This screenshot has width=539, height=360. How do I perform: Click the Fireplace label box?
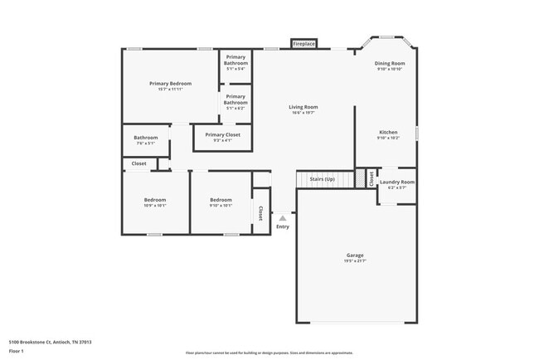click(303, 43)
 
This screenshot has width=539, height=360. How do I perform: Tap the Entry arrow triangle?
click(282, 218)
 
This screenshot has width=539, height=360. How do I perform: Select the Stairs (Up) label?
click(322, 178)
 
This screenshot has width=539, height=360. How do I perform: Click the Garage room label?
click(355, 255)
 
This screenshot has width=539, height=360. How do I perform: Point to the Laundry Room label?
click(396, 182)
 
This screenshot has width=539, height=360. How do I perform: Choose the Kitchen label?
click(388, 132)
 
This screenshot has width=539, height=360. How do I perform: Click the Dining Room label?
click(390, 63)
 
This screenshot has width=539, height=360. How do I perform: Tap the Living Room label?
click(303, 107)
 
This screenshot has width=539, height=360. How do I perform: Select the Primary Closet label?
click(222, 134)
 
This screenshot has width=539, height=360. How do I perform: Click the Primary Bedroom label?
click(170, 83)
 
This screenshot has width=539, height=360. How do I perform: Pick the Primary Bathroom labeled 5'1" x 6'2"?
click(236, 100)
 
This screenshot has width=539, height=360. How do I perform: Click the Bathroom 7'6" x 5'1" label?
click(146, 138)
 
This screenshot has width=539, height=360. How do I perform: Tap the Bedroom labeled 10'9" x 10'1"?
click(155, 200)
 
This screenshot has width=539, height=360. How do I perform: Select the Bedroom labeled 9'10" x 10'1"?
click(221, 200)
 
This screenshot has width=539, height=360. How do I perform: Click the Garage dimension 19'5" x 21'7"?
click(355, 261)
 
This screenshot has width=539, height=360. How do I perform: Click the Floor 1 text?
click(17, 350)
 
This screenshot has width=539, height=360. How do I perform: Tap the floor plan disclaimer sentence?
click(269, 353)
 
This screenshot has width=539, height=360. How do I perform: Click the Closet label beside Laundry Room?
click(371, 178)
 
